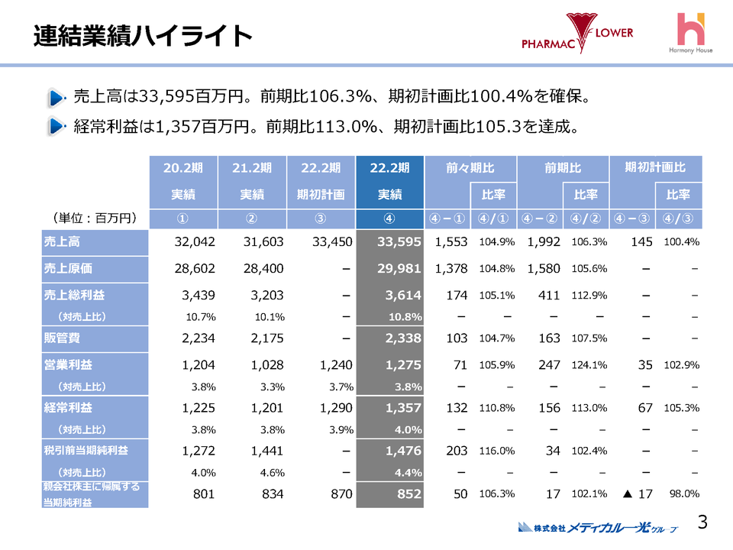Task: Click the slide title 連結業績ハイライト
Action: (143, 35)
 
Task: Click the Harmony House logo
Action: (692, 34)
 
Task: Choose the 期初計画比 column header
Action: (655, 167)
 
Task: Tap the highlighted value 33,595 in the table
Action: (390, 242)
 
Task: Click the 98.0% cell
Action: (683, 494)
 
